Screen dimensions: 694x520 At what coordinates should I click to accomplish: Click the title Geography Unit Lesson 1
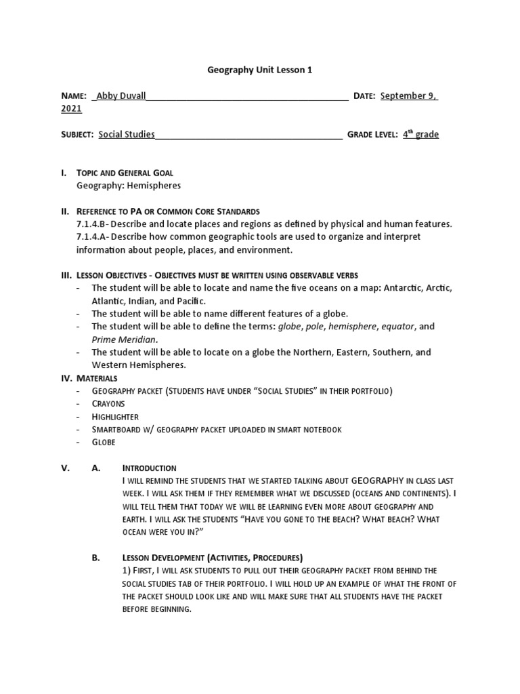coord(259,70)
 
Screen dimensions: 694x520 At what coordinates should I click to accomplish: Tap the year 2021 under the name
coord(71,108)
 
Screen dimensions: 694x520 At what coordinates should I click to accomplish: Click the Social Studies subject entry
coord(127,134)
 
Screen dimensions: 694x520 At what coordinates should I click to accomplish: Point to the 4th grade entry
coord(420,134)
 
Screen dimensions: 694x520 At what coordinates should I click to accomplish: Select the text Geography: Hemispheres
coord(129,185)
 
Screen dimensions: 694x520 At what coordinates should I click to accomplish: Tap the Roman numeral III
coord(66,275)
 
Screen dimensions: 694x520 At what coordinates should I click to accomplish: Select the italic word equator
coord(396,326)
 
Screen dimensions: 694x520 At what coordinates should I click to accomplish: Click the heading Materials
coord(97,377)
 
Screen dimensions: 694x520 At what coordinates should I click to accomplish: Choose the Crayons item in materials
coord(108,404)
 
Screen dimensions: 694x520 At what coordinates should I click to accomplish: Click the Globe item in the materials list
coord(104,442)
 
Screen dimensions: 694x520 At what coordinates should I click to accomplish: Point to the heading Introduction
coord(149,468)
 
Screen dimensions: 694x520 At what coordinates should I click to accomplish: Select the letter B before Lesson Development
coord(95,557)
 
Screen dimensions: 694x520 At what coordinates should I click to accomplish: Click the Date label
coord(364,96)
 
